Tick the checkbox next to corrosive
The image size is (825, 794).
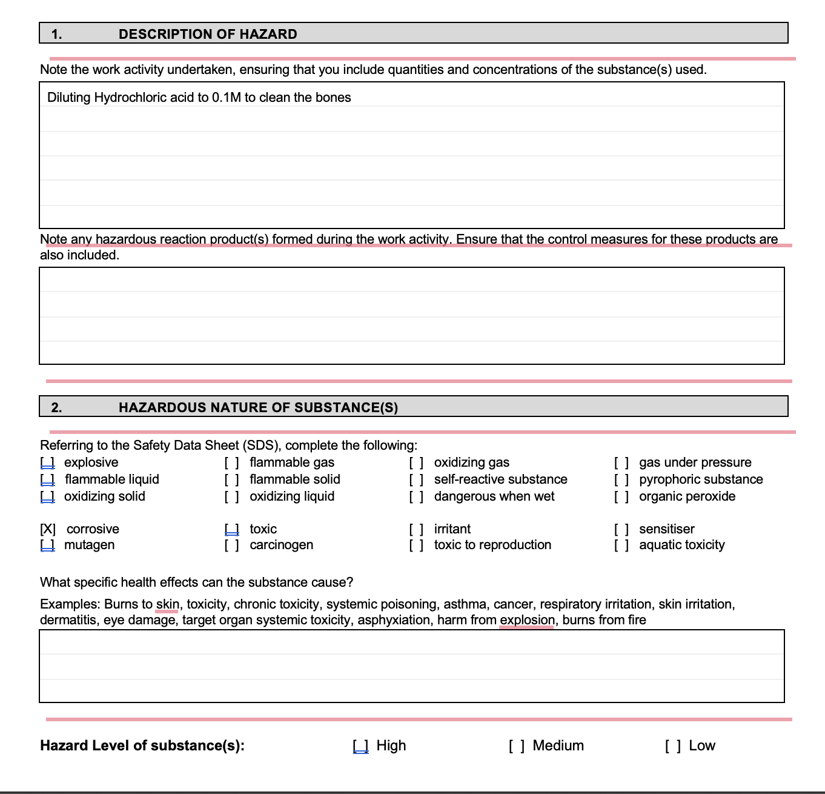48,529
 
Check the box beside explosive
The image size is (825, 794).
47,462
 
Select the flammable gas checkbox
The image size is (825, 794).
231,462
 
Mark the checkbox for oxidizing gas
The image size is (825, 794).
416,462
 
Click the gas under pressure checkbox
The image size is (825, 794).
621,462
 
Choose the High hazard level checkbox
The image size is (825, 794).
360,746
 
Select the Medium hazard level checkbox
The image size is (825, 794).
516,746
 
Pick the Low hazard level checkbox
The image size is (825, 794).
672,746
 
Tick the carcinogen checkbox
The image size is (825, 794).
231,545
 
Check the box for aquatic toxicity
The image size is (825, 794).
621,545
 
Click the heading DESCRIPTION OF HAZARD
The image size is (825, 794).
208,34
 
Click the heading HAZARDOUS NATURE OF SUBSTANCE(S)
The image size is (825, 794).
258,407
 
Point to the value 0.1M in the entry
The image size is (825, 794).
227,98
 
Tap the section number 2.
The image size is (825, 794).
56,407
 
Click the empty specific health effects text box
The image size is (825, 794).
412,666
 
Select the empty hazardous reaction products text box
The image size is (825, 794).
412,316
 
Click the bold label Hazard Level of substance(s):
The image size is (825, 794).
142,746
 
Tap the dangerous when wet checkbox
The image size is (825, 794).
416,496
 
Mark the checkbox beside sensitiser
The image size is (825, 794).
621,529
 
